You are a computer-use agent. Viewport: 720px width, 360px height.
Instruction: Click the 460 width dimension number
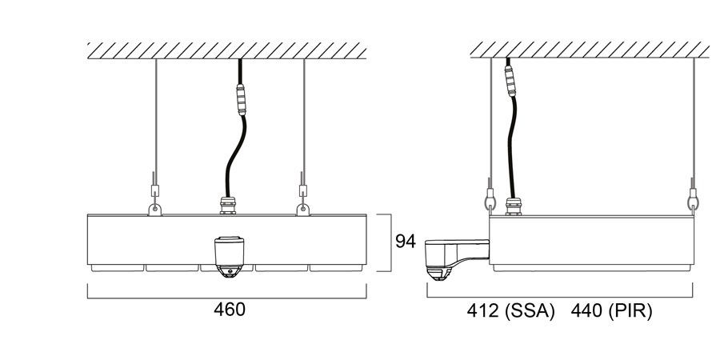[229, 310]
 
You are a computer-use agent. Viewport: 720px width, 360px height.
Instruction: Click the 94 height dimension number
[406, 241]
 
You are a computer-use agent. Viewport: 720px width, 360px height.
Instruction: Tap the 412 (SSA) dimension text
[510, 311]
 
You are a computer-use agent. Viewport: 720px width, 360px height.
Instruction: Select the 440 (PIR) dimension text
[611, 311]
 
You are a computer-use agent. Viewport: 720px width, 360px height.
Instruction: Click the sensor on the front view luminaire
[229, 257]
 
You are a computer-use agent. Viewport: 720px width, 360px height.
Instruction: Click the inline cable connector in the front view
[241, 99]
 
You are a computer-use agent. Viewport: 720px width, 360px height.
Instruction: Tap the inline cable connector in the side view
[510, 81]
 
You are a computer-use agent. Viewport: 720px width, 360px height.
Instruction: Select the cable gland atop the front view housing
[228, 206]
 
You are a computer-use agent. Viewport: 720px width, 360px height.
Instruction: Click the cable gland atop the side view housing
[513, 206]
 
